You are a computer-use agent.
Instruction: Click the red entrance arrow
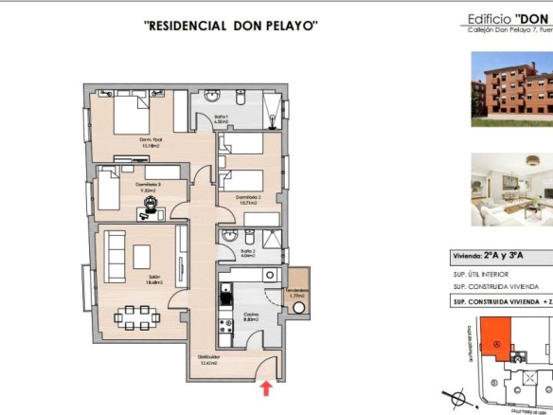point(266,387)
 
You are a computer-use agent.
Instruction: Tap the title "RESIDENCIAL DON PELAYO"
point(230,26)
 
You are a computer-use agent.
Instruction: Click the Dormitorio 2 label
point(250,200)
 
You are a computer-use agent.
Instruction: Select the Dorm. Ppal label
point(152,144)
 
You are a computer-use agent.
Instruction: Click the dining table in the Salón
point(138,315)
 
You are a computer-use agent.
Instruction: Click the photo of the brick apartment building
point(511,90)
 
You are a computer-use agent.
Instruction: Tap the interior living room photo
point(511,190)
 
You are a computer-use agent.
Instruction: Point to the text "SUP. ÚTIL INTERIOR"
point(489,276)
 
